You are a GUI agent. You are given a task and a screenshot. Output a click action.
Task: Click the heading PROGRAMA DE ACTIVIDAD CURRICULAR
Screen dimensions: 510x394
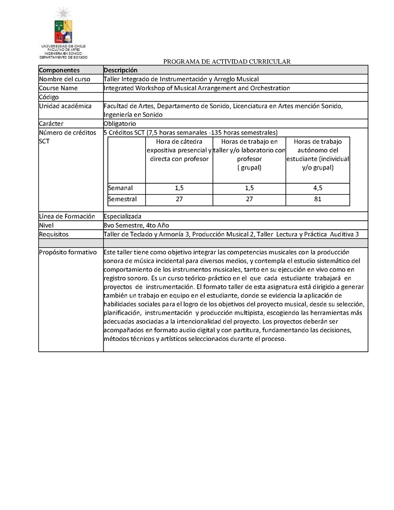(x=227, y=62)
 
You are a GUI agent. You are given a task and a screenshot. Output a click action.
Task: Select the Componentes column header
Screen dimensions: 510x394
(x=59, y=70)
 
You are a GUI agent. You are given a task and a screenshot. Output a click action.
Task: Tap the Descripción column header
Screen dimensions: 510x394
(x=121, y=70)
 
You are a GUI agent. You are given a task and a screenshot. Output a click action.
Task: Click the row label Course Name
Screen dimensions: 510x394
(x=59, y=88)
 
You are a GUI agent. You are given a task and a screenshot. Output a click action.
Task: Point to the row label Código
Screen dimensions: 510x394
(x=49, y=97)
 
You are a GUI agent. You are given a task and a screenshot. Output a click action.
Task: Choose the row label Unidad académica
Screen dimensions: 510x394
(x=65, y=106)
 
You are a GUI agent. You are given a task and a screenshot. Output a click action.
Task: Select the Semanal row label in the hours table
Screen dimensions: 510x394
(x=121, y=188)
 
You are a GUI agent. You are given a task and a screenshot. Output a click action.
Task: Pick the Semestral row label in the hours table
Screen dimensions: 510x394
(x=123, y=200)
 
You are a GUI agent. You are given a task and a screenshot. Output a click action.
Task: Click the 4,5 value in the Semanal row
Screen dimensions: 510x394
(x=318, y=188)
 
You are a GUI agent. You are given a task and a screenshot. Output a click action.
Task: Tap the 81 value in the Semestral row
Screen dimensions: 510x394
(x=318, y=200)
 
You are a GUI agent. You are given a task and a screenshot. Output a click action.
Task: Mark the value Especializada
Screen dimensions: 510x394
(x=123, y=216)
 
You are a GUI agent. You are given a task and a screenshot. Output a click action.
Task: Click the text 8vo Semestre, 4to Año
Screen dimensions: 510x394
(x=136, y=225)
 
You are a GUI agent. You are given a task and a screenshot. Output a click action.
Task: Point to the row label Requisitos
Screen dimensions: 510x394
(x=54, y=234)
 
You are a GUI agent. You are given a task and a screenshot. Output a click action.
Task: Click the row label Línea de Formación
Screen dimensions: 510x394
(x=66, y=216)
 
